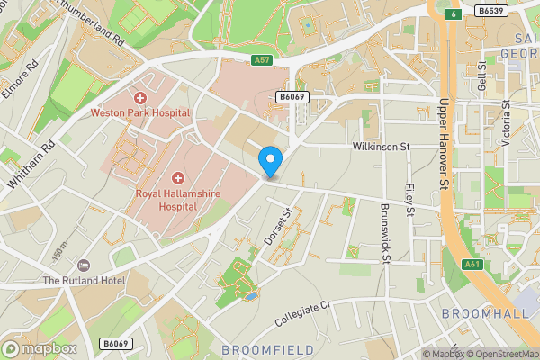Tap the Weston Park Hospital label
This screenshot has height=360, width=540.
[x=139, y=113]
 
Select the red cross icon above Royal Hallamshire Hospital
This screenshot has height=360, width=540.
[x=177, y=178]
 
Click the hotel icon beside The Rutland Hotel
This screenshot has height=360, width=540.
[x=84, y=265]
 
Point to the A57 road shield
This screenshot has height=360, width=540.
[x=262, y=60]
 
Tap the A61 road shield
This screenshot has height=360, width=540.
[x=472, y=265]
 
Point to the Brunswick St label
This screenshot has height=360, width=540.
[x=383, y=231]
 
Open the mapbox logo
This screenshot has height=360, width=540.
[x=40, y=348]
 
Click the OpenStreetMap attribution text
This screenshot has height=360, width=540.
[x=502, y=354]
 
